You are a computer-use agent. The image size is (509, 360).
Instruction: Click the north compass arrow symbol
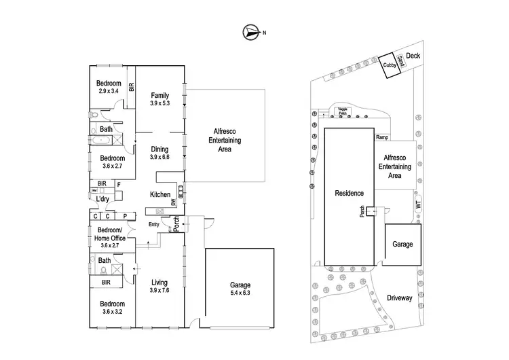252,31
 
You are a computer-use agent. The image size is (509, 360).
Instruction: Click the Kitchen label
160,195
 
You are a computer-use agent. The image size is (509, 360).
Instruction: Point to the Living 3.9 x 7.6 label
159,286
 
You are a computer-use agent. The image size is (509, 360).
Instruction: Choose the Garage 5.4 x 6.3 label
240,289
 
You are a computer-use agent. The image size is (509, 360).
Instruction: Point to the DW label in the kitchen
173,202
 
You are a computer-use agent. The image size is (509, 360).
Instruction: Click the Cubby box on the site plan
388,65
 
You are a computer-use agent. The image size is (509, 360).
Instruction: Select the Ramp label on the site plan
381,137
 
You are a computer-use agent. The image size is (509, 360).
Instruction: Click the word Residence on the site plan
350,193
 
